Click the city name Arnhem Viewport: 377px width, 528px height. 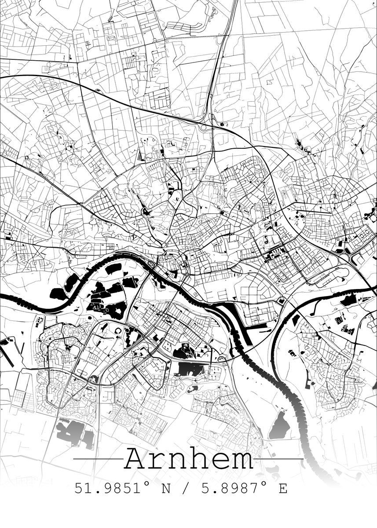[189, 458]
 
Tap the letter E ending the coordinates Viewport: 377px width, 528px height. [282, 488]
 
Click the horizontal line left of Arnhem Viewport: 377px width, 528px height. [98, 459]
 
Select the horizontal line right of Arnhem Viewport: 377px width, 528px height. [279, 459]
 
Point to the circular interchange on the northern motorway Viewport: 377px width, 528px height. [203, 128]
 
